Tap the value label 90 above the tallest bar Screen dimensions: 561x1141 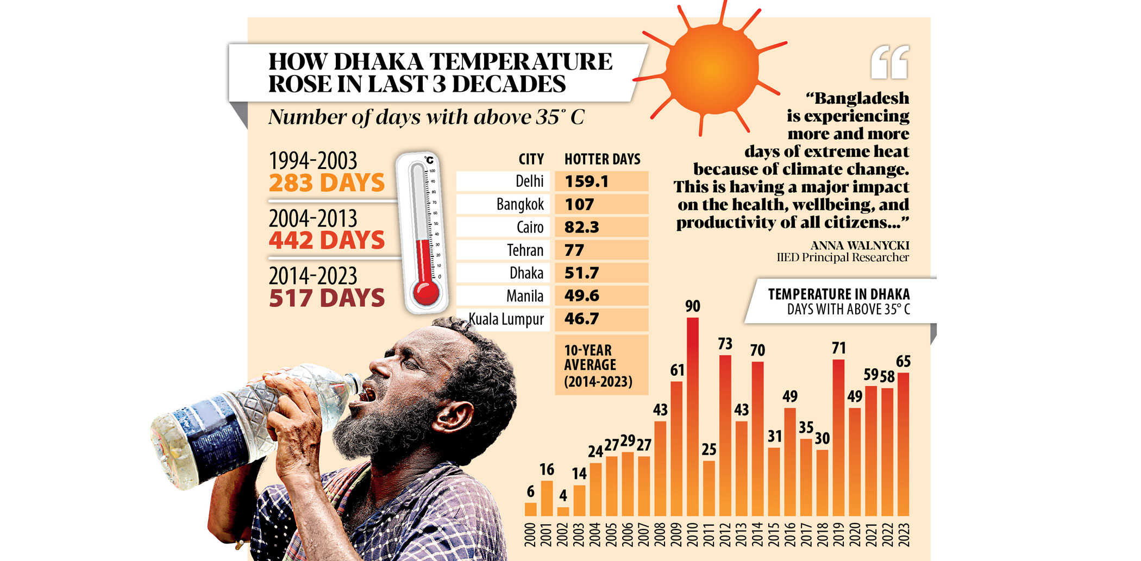pos(692,306)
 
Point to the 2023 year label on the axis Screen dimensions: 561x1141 pos(903,535)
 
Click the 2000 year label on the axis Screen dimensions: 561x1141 pos(530,535)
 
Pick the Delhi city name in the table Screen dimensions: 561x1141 pos(529,181)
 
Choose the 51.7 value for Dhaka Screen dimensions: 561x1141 pos(581,273)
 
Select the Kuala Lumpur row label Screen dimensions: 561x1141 pos(506,319)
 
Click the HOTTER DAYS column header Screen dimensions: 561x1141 pos(602,159)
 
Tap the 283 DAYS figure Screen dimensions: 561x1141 pos(327,183)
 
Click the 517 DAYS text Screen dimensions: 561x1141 pos(327,298)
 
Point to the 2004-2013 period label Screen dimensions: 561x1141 pos(313,219)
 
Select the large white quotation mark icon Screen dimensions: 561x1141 pos(889,62)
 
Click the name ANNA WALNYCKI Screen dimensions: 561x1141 pos(860,245)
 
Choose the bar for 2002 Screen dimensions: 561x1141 pos(563,511)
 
